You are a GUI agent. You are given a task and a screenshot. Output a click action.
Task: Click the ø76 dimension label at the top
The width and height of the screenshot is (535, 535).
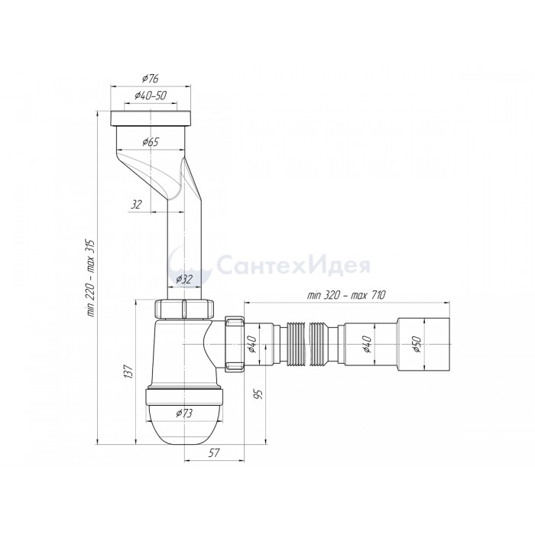coord(151,79)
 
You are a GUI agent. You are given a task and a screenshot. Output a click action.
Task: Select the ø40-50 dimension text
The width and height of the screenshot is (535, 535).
coord(151,96)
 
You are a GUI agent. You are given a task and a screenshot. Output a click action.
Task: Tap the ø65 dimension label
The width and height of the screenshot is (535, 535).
coord(151,141)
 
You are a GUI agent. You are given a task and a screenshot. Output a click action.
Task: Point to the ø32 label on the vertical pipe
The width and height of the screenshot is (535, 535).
coord(184,280)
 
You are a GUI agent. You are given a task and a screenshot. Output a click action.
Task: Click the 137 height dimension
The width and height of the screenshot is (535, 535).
coord(128,371)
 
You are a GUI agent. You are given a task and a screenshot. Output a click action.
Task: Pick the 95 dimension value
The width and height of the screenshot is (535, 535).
coord(259,394)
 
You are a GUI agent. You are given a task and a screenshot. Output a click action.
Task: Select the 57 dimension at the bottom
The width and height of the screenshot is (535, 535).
coord(214,452)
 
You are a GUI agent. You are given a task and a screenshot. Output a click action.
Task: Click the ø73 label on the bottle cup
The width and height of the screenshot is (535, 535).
coord(184,413)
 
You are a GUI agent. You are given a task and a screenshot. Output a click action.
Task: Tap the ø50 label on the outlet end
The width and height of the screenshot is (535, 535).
coord(417,344)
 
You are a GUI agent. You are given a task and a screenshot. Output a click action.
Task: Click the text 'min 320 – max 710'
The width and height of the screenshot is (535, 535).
coord(346,295)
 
